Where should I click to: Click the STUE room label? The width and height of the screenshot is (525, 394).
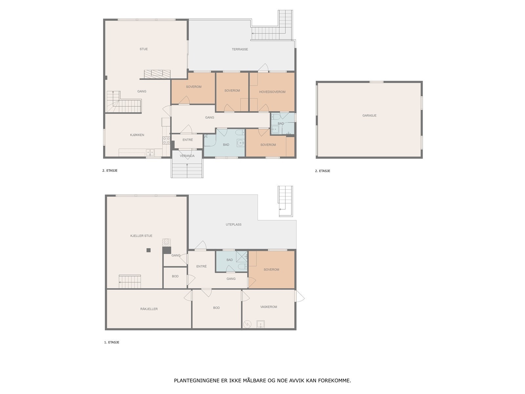143,49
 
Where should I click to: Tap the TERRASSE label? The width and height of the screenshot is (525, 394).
240,49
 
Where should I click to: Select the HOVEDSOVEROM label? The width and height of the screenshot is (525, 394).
272,92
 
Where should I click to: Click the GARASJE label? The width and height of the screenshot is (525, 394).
369,116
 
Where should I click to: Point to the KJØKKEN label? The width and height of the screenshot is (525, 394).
137,135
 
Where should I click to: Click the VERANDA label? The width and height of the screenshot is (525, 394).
187,156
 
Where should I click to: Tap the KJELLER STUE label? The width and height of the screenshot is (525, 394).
141,236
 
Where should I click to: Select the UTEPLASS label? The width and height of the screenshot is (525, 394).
233,224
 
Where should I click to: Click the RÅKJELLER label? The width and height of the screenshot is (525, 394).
149,309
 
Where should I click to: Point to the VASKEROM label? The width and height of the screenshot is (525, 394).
269,307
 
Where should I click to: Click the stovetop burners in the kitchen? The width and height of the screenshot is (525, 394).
166,141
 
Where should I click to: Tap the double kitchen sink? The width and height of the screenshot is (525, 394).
150,152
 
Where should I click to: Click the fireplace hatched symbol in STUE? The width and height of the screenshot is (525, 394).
157,74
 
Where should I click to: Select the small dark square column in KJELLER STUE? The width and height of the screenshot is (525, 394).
149,250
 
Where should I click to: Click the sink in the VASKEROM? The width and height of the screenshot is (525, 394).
261,324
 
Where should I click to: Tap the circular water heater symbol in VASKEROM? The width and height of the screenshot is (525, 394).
247,324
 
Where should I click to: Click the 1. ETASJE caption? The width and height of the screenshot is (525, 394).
112,342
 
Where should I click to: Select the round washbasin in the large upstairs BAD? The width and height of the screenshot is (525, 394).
240,143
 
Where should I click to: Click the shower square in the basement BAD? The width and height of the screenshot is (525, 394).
241,256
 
